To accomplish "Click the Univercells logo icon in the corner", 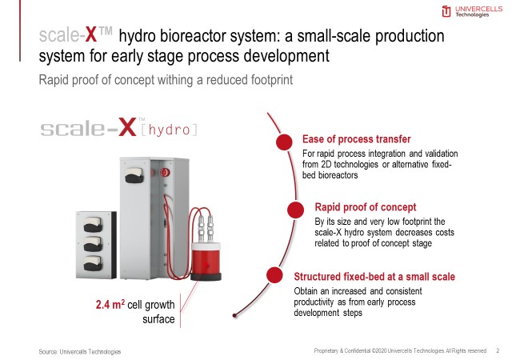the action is (x=446, y=11).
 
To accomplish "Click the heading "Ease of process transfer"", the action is (x=357, y=139).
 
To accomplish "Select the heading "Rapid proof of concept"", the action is (x=365, y=207).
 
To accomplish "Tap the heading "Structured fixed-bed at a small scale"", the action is (x=374, y=277).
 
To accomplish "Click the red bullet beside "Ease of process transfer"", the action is (x=284, y=142).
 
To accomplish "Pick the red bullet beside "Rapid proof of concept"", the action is (x=295, y=210).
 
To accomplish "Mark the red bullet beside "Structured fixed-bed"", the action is (x=274, y=275).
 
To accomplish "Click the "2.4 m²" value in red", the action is (x=110, y=304).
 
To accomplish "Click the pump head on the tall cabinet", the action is (x=134, y=175).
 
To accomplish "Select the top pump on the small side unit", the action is (x=93, y=225).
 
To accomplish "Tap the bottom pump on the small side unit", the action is (x=93, y=263).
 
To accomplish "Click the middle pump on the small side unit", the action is (x=93, y=244).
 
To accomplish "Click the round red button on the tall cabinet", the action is (x=165, y=172).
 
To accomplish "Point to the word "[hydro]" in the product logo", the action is (x=169, y=130).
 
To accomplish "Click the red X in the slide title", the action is (x=91, y=34).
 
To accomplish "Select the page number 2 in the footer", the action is (x=498, y=350).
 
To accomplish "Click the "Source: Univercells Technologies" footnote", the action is (x=79, y=351).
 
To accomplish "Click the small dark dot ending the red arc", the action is (x=234, y=315).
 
